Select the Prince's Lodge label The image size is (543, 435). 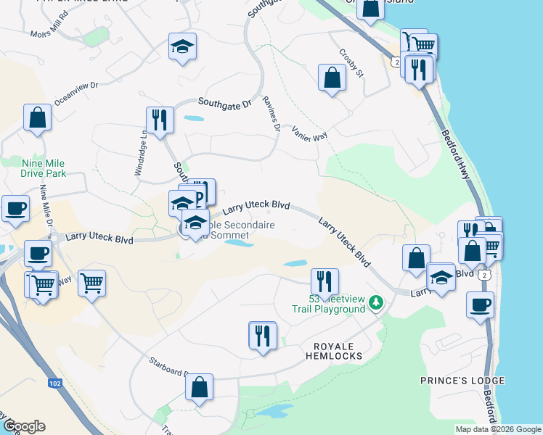[x=462, y=380]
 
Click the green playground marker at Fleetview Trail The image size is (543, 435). [x=375, y=302]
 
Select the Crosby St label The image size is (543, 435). [x=351, y=63]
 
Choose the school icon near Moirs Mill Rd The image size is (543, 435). [x=183, y=48]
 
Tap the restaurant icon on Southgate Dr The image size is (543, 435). [x=159, y=120]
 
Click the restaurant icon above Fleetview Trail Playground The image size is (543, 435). [x=324, y=281]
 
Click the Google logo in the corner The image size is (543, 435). [x=23, y=426]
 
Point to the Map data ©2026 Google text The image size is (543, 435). [x=497, y=429]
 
